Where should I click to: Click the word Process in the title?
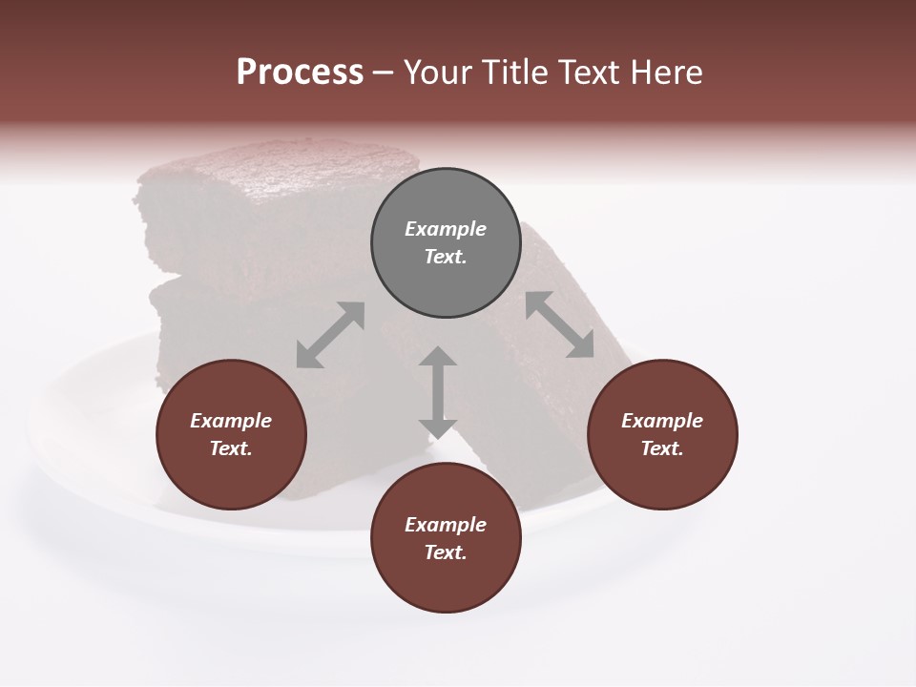[300, 73]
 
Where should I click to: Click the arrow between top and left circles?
[330, 335]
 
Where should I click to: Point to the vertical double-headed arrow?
[438, 392]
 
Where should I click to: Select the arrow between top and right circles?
[559, 324]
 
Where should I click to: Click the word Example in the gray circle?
[446, 229]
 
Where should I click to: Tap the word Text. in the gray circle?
[446, 257]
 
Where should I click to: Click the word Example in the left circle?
[231, 421]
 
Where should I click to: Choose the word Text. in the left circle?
[231, 448]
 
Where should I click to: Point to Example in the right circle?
[662, 421]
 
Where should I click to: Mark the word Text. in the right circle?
[662, 448]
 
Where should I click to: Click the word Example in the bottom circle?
[446, 525]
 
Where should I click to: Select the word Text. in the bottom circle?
[446, 552]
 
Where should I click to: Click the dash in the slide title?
[384, 73]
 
